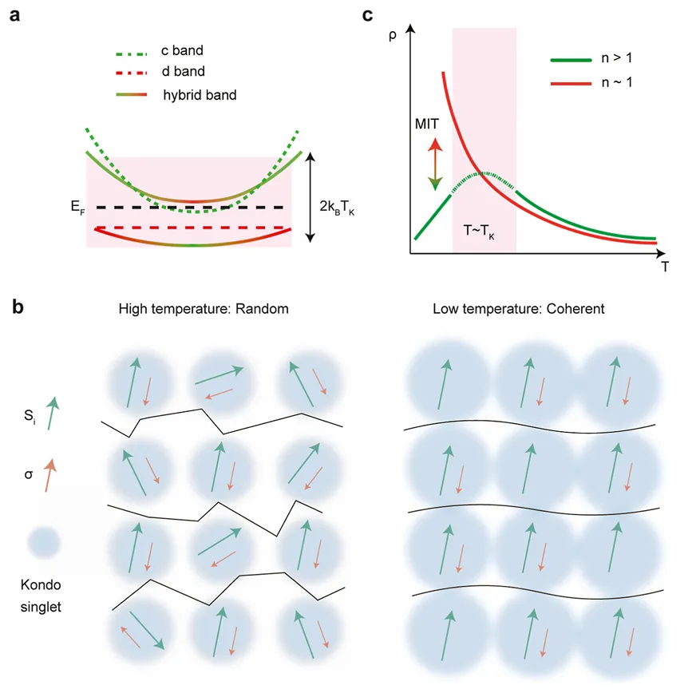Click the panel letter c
[x=368, y=14]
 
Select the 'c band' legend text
[x=183, y=51]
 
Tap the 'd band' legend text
[x=183, y=73]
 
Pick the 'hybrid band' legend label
[x=200, y=95]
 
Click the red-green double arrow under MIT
[x=434, y=164]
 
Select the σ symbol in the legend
[x=30, y=476]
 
